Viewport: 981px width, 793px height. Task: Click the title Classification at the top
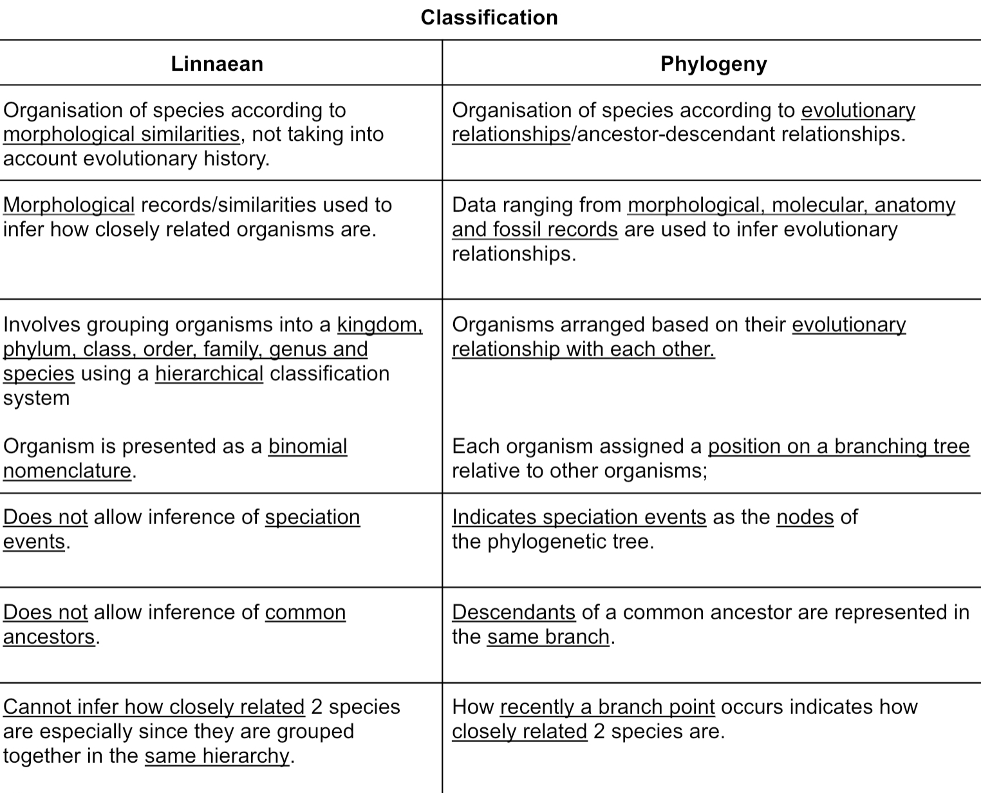pos(489,17)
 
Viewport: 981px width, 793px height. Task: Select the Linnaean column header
pos(217,64)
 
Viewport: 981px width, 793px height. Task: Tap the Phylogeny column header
pos(713,64)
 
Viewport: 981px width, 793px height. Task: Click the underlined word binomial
pos(307,446)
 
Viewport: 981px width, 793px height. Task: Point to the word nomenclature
pos(67,471)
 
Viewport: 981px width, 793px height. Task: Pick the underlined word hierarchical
pos(209,374)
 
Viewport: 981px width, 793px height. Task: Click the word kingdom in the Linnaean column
pos(378,325)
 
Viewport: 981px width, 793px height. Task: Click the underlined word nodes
pos(805,517)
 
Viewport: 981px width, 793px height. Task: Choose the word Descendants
pos(513,612)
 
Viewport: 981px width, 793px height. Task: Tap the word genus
pos(295,349)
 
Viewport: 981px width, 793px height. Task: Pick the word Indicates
pos(494,517)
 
